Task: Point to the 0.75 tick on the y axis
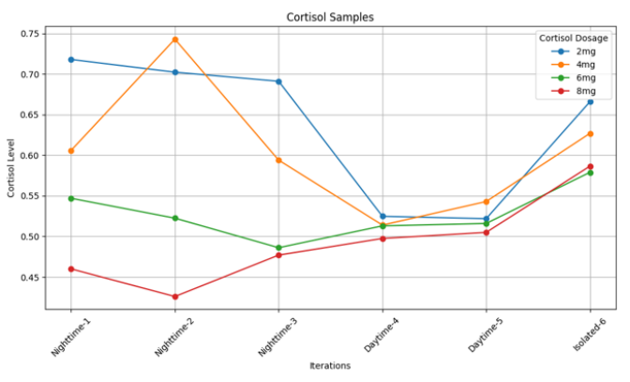click(x=30, y=34)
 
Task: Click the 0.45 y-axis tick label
click(x=30, y=278)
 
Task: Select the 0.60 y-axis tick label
click(x=30, y=156)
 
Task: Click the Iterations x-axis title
click(x=330, y=366)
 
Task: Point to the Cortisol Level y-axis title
click(x=11, y=169)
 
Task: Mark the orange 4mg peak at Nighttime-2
click(x=174, y=39)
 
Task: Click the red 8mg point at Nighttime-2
click(x=174, y=297)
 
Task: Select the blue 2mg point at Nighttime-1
click(x=70, y=59)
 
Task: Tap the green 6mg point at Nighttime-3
click(x=278, y=248)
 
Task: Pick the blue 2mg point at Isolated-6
click(x=590, y=101)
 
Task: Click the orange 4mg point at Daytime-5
click(x=486, y=201)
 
